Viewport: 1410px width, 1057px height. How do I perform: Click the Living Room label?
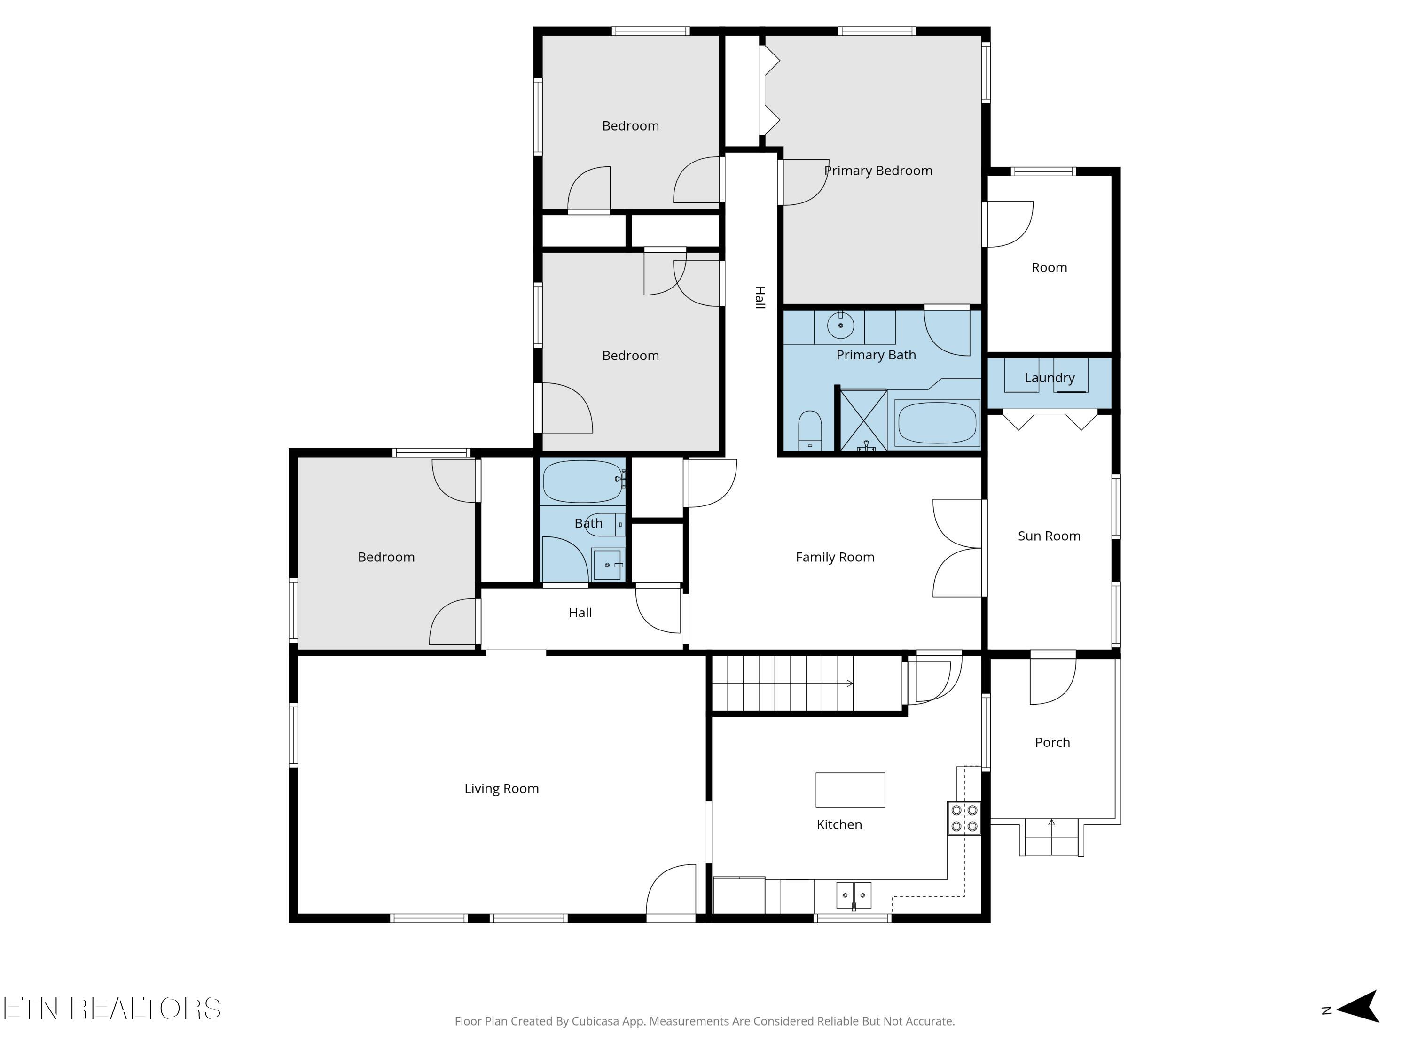click(x=501, y=788)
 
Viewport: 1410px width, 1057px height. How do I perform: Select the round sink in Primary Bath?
click(x=840, y=326)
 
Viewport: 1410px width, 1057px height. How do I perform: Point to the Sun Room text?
click(x=1049, y=536)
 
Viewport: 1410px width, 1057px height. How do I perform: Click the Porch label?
click(x=1052, y=742)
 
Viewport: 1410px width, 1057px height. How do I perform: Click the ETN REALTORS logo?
click(x=112, y=1008)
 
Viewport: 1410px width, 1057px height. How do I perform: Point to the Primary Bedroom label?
click(x=878, y=171)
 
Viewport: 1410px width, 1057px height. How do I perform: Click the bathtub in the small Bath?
click(x=582, y=481)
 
